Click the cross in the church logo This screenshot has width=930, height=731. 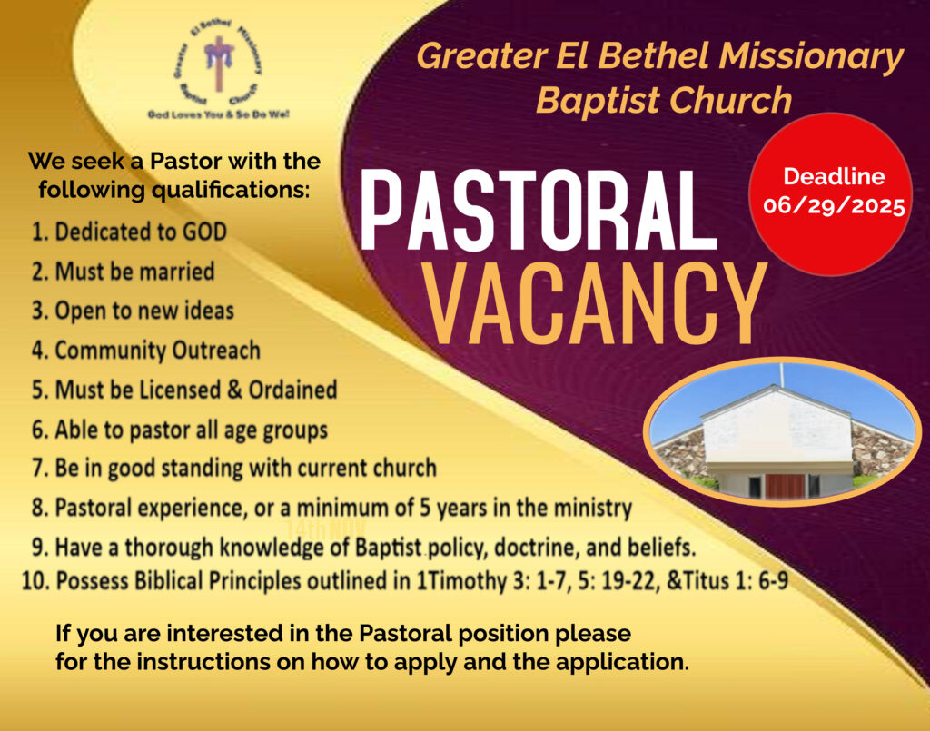[219, 63]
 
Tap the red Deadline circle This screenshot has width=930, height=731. [831, 194]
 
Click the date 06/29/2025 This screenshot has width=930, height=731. [834, 206]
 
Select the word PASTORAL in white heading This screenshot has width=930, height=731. [539, 210]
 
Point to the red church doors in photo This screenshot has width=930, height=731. [785, 486]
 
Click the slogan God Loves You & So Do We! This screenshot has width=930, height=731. [218, 114]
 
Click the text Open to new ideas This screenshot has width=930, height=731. [144, 311]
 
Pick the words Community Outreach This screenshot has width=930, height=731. [158, 351]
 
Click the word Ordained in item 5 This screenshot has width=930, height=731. [292, 390]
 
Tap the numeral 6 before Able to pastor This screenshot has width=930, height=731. [38, 430]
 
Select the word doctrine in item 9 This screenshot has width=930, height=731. [534, 548]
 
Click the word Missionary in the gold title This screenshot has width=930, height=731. [811, 56]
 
